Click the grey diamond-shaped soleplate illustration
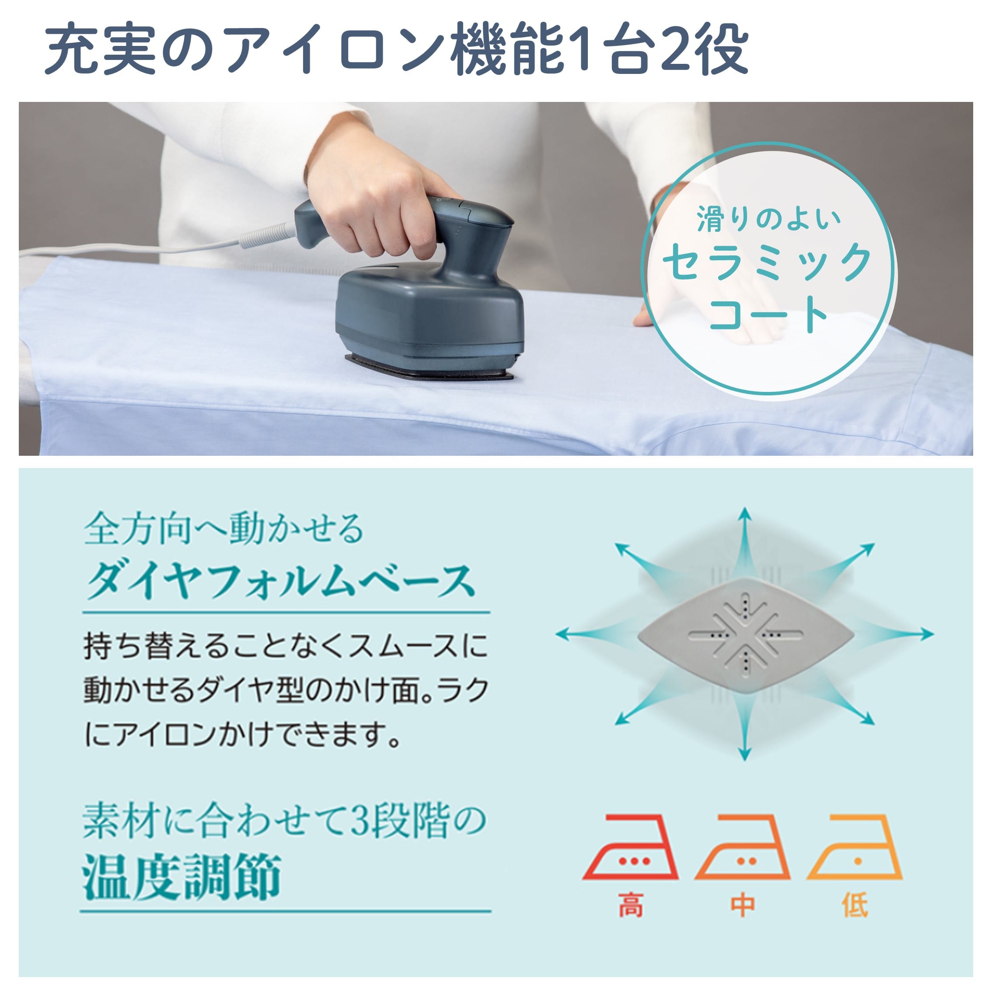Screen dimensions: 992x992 (746, 635)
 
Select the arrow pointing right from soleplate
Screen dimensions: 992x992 (904, 635)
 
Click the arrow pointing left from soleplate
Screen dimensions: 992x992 (585, 635)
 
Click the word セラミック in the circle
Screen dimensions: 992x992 (767, 262)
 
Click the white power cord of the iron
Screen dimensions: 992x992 (154, 248)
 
